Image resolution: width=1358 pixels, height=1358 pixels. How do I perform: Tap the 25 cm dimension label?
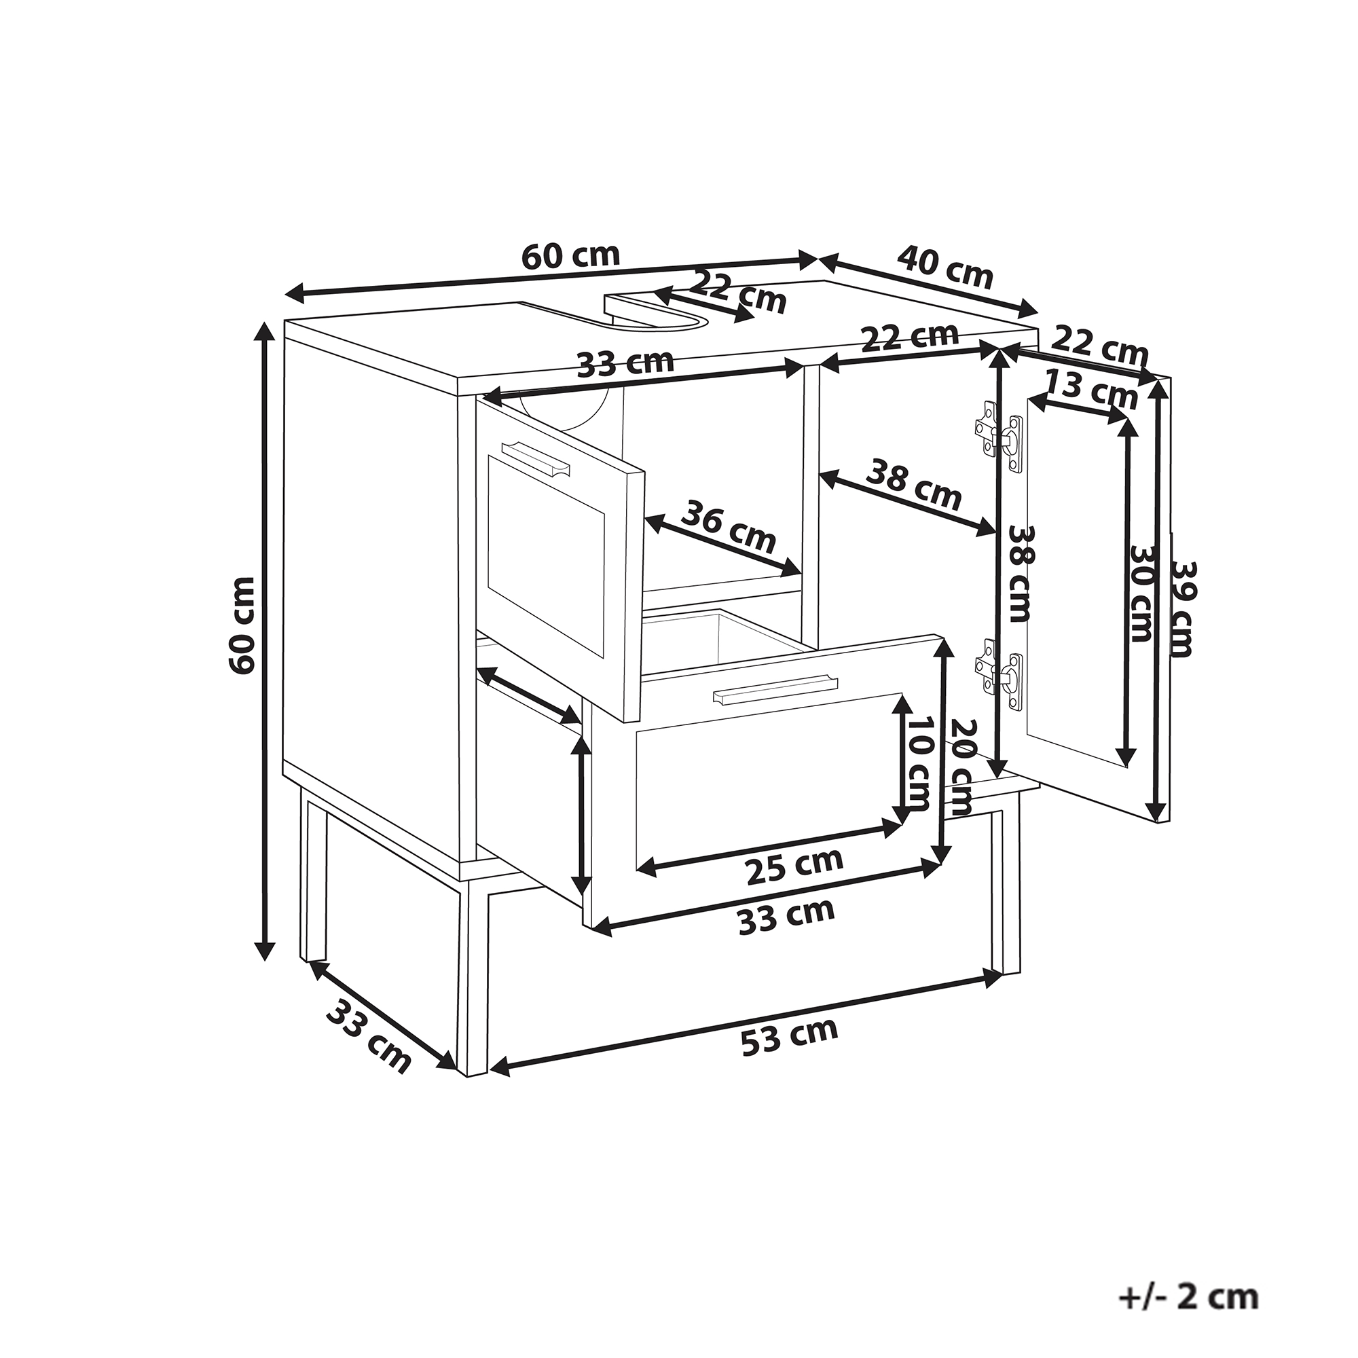tap(794, 866)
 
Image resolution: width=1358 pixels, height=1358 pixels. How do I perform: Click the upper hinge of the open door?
tap(998, 437)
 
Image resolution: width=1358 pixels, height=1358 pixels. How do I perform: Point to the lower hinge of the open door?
tap(998, 675)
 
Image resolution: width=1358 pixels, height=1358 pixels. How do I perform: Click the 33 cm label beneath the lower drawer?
tap(786, 917)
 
